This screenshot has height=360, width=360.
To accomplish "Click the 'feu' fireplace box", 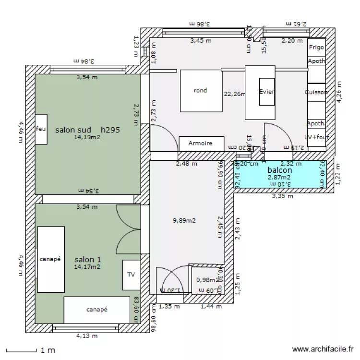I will pos(41,129).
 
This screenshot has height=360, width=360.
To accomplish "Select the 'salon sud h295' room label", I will pos(87,130).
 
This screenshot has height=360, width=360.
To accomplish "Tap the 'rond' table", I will pos(200,91).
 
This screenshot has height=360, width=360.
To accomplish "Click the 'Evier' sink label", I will pos(266,92).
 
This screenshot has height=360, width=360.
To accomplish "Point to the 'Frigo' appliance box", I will pos(316,47).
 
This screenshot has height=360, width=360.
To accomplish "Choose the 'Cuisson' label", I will pos(316,92).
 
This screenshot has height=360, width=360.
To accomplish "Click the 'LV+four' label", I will pos(316,137).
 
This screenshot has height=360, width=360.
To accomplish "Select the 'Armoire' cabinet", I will pos(201,143).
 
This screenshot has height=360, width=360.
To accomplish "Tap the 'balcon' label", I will pos(279,170).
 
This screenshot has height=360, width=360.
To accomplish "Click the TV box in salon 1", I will pos(131,275).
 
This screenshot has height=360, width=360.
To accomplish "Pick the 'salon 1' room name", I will pos(87,260).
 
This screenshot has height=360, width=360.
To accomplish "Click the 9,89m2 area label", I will pos(184,221).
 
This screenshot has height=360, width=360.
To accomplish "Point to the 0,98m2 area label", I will pos(207,280).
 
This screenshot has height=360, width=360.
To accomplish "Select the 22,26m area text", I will pos(234,94).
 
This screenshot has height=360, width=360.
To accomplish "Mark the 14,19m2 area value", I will pos(87,137).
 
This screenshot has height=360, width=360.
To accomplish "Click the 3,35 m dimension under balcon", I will pos(282,196).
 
